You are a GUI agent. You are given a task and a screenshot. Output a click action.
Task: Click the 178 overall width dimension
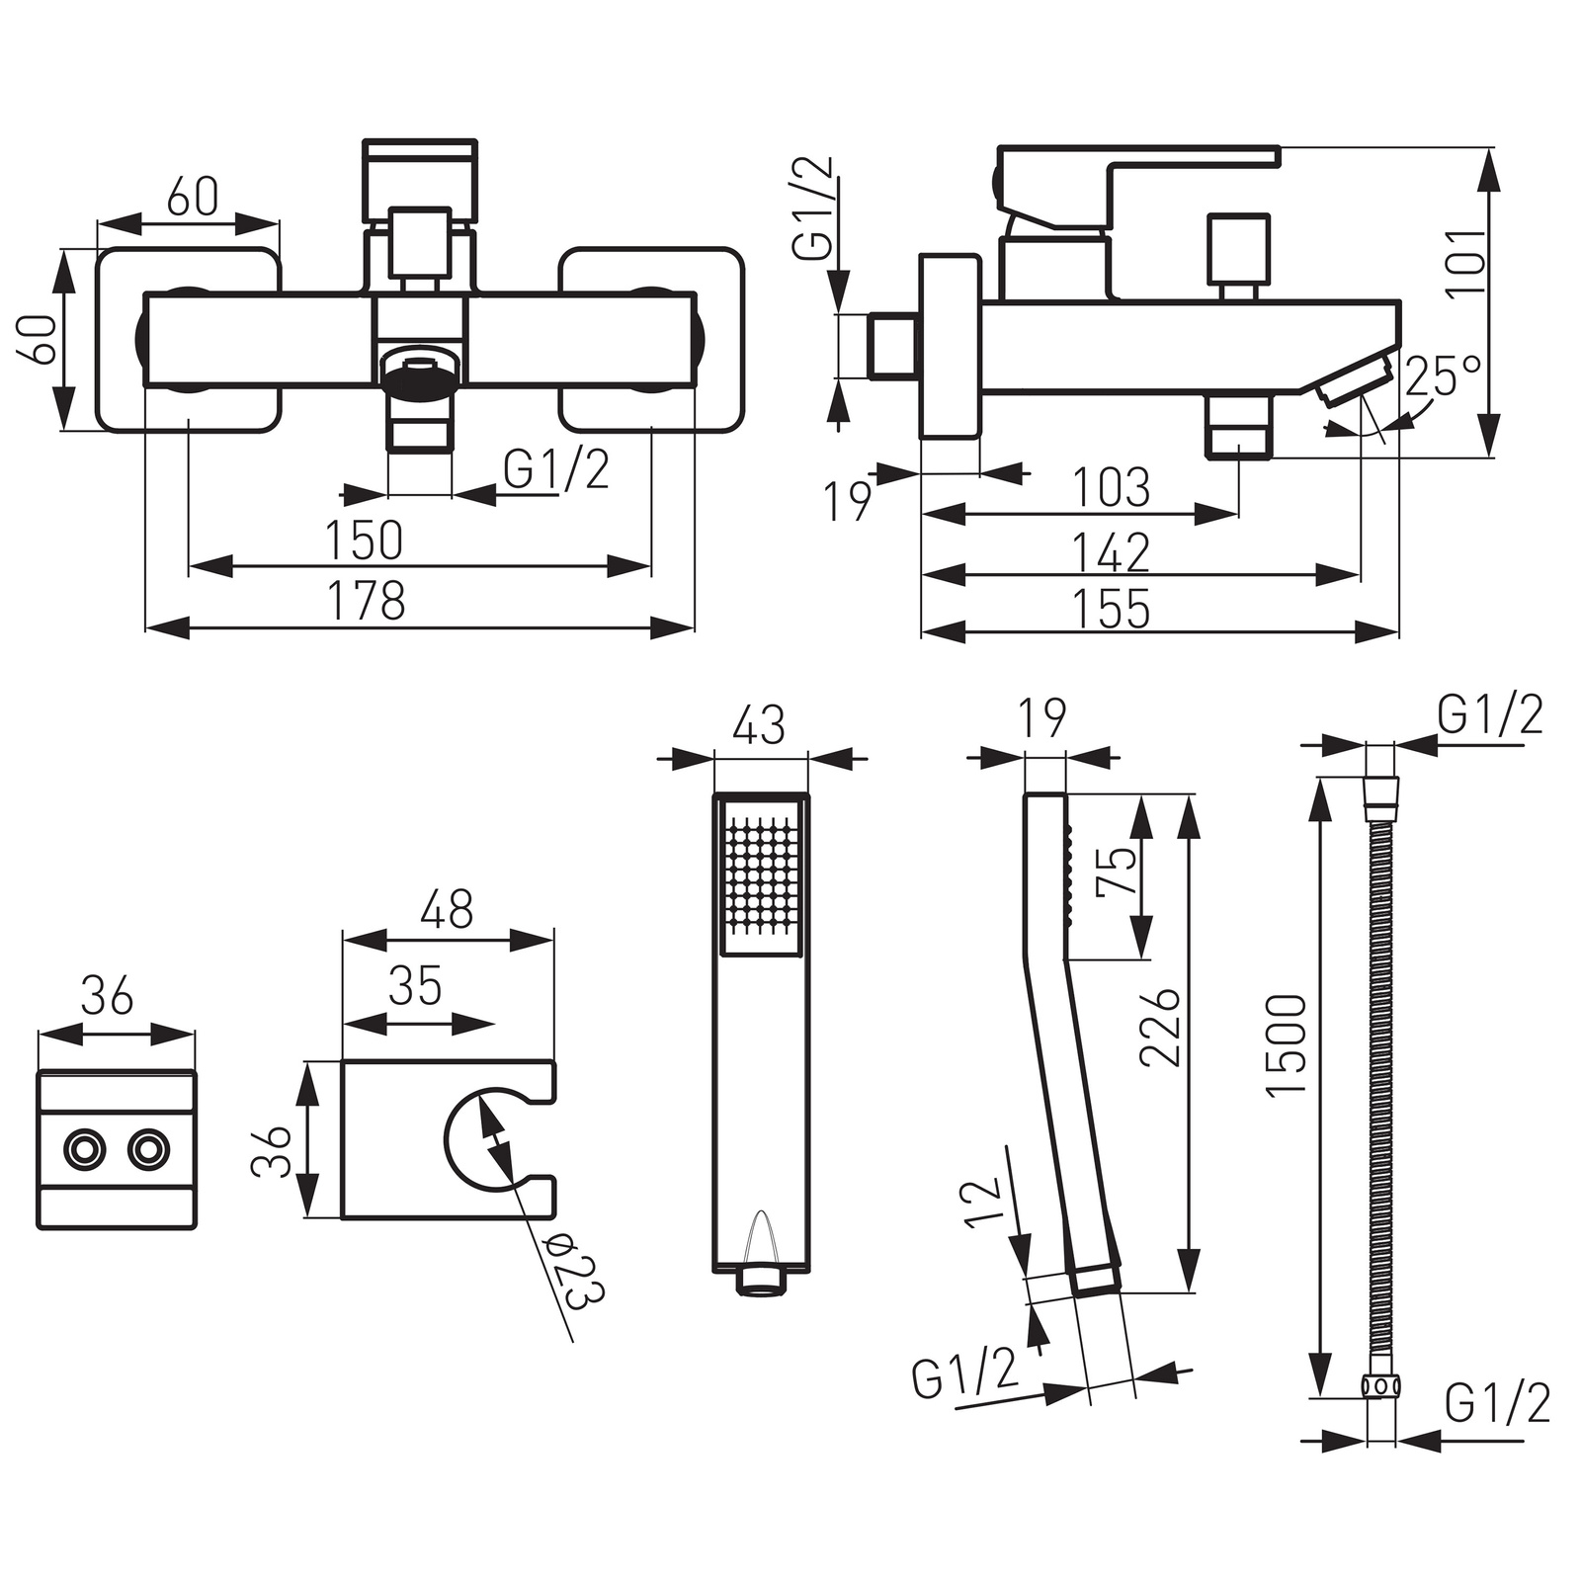(366, 601)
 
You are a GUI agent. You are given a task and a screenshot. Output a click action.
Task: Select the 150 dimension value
(364, 540)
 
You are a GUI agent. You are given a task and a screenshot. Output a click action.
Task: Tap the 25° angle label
(1444, 376)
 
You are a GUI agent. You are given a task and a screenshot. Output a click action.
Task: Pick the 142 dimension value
(1112, 551)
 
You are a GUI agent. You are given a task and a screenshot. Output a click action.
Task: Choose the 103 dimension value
(1112, 487)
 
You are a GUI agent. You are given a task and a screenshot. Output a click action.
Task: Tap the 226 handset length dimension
(1160, 1027)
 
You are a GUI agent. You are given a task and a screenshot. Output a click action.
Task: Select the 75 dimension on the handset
(1117, 871)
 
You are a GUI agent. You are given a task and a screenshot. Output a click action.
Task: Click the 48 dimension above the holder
(447, 909)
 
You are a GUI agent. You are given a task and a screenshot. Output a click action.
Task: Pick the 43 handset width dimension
(760, 724)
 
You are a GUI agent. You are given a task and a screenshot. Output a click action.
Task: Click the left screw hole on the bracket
(83, 1150)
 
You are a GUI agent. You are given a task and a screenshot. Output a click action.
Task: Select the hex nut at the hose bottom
(1380, 1386)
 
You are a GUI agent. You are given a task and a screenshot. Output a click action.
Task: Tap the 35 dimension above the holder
(415, 985)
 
